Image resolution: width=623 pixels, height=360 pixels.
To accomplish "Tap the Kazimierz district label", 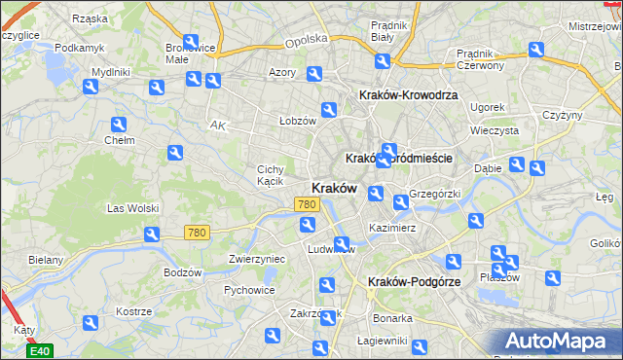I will tap(392, 228).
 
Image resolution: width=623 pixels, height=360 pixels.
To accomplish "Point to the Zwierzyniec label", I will tap(256, 259).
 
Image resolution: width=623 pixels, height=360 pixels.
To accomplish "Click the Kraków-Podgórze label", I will tap(412, 281).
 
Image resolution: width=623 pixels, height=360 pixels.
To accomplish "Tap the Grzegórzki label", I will tap(434, 193).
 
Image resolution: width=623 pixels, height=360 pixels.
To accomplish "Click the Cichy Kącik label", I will tap(270, 175).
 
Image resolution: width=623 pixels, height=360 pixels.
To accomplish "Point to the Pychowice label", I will tap(247, 289).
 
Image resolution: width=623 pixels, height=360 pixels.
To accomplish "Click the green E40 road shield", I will tap(39, 350).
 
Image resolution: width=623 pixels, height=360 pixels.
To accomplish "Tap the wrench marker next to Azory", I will tap(314, 74).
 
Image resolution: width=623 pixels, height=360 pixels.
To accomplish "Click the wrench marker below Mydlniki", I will tap(91, 88).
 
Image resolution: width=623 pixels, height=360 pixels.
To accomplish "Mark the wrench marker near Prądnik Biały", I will tap(383, 60).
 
